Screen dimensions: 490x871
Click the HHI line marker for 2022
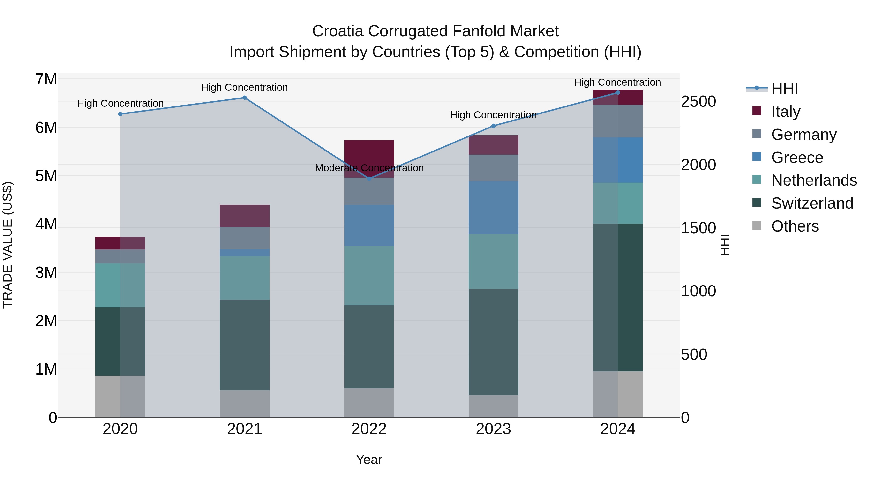(369, 179)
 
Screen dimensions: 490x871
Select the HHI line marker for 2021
(244, 98)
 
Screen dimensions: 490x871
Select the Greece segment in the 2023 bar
(493, 207)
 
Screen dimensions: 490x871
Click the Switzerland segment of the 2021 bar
(244, 345)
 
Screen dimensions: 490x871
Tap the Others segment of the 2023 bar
(493, 406)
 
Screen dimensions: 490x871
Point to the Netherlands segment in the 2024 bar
(618, 203)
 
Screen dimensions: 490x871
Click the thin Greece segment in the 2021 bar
(244, 252)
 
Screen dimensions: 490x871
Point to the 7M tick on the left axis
(46, 79)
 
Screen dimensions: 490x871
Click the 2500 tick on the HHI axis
(698, 101)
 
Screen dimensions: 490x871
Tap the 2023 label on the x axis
(493, 429)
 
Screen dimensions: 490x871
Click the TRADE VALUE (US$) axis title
(8, 245)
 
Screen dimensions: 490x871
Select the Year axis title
(369, 460)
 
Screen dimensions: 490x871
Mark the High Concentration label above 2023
(493, 115)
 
